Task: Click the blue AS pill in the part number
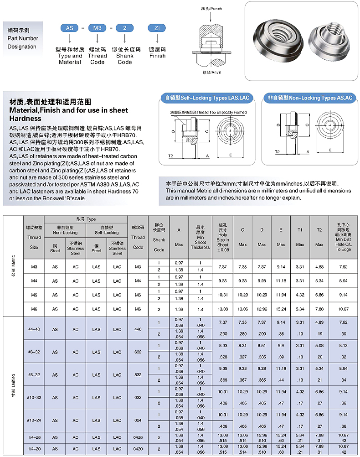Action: (70, 28)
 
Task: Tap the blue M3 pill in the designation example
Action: (97, 28)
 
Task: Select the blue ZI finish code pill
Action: (157, 28)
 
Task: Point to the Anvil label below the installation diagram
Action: (210, 72)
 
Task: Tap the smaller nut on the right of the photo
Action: (326, 36)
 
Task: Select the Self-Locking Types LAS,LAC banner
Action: (207, 98)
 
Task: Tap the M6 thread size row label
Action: (34, 309)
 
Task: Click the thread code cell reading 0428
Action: (138, 437)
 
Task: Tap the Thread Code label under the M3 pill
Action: (98, 56)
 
